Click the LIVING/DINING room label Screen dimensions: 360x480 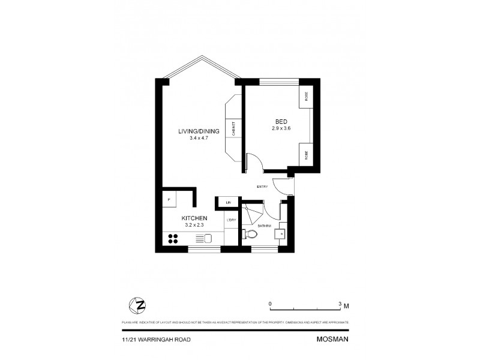pyautogui.click(x=199, y=131)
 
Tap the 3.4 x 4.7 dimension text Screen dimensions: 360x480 pyautogui.click(x=199, y=139)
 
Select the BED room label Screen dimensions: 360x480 pyautogui.click(x=281, y=121)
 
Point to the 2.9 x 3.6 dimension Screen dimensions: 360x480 pyautogui.click(x=281, y=128)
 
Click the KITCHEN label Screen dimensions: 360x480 pyautogui.click(x=194, y=218)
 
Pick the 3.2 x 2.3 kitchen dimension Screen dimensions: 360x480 pyautogui.click(x=194, y=225)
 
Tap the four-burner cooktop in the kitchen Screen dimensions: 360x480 pyautogui.click(x=175, y=239)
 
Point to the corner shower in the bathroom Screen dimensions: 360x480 pyautogui.click(x=252, y=214)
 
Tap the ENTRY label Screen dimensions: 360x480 pyautogui.click(x=262, y=187)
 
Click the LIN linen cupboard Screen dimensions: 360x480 pyautogui.click(x=229, y=203)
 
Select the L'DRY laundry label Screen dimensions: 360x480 pyautogui.click(x=232, y=220)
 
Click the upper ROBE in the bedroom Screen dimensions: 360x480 pyautogui.click(x=305, y=97)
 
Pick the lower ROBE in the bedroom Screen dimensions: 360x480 pyautogui.click(x=305, y=154)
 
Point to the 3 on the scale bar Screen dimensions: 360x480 pyautogui.click(x=340, y=304)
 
